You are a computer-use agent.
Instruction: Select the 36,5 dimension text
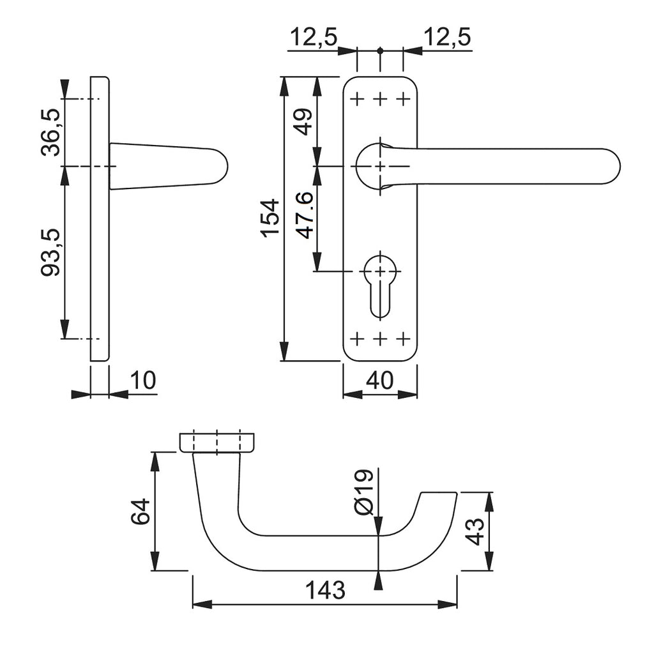pyautogui.click(x=51, y=132)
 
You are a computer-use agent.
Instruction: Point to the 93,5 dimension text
pyautogui.click(x=51, y=252)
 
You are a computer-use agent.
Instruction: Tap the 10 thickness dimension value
pyautogui.click(x=143, y=381)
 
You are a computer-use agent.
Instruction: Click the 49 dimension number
pyautogui.click(x=303, y=121)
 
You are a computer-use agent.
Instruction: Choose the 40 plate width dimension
pyautogui.click(x=379, y=381)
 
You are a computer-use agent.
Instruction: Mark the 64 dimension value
pyautogui.click(x=141, y=512)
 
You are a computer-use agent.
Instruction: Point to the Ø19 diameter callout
pyautogui.click(x=362, y=492)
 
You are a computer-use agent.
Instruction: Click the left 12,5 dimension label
pyautogui.click(x=313, y=38)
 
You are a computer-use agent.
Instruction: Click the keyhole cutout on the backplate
pyautogui.click(x=380, y=284)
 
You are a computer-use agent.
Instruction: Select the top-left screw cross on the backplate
pyautogui.click(x=357, y=99)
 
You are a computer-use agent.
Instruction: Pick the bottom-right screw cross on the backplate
pyautogui.click(x=403, y=337)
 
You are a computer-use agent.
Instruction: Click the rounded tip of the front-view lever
pyautogui.click(x=610, y=166)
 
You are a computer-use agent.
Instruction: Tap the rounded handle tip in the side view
pyautogui.click(x=217, y=167)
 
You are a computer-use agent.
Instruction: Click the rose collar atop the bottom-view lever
pyautogui.click(x=217, y=443)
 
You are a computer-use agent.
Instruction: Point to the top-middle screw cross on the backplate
pyautogui.click(x=380, y=99)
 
